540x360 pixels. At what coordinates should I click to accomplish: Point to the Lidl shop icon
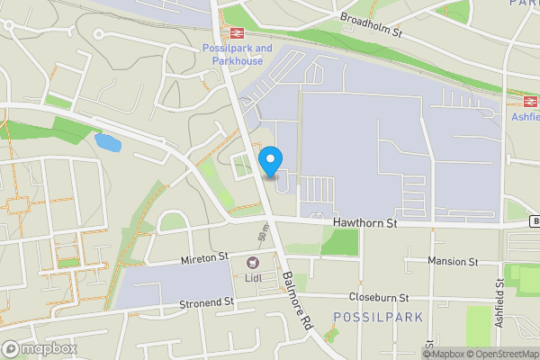252,264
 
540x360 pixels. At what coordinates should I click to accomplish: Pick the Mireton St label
206,258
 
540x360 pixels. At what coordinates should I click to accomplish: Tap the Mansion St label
454,262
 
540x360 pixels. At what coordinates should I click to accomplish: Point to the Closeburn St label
379,297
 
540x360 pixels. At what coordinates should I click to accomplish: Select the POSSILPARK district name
365,317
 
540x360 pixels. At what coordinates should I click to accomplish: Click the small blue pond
106,142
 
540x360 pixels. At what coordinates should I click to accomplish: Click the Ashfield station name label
526,117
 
